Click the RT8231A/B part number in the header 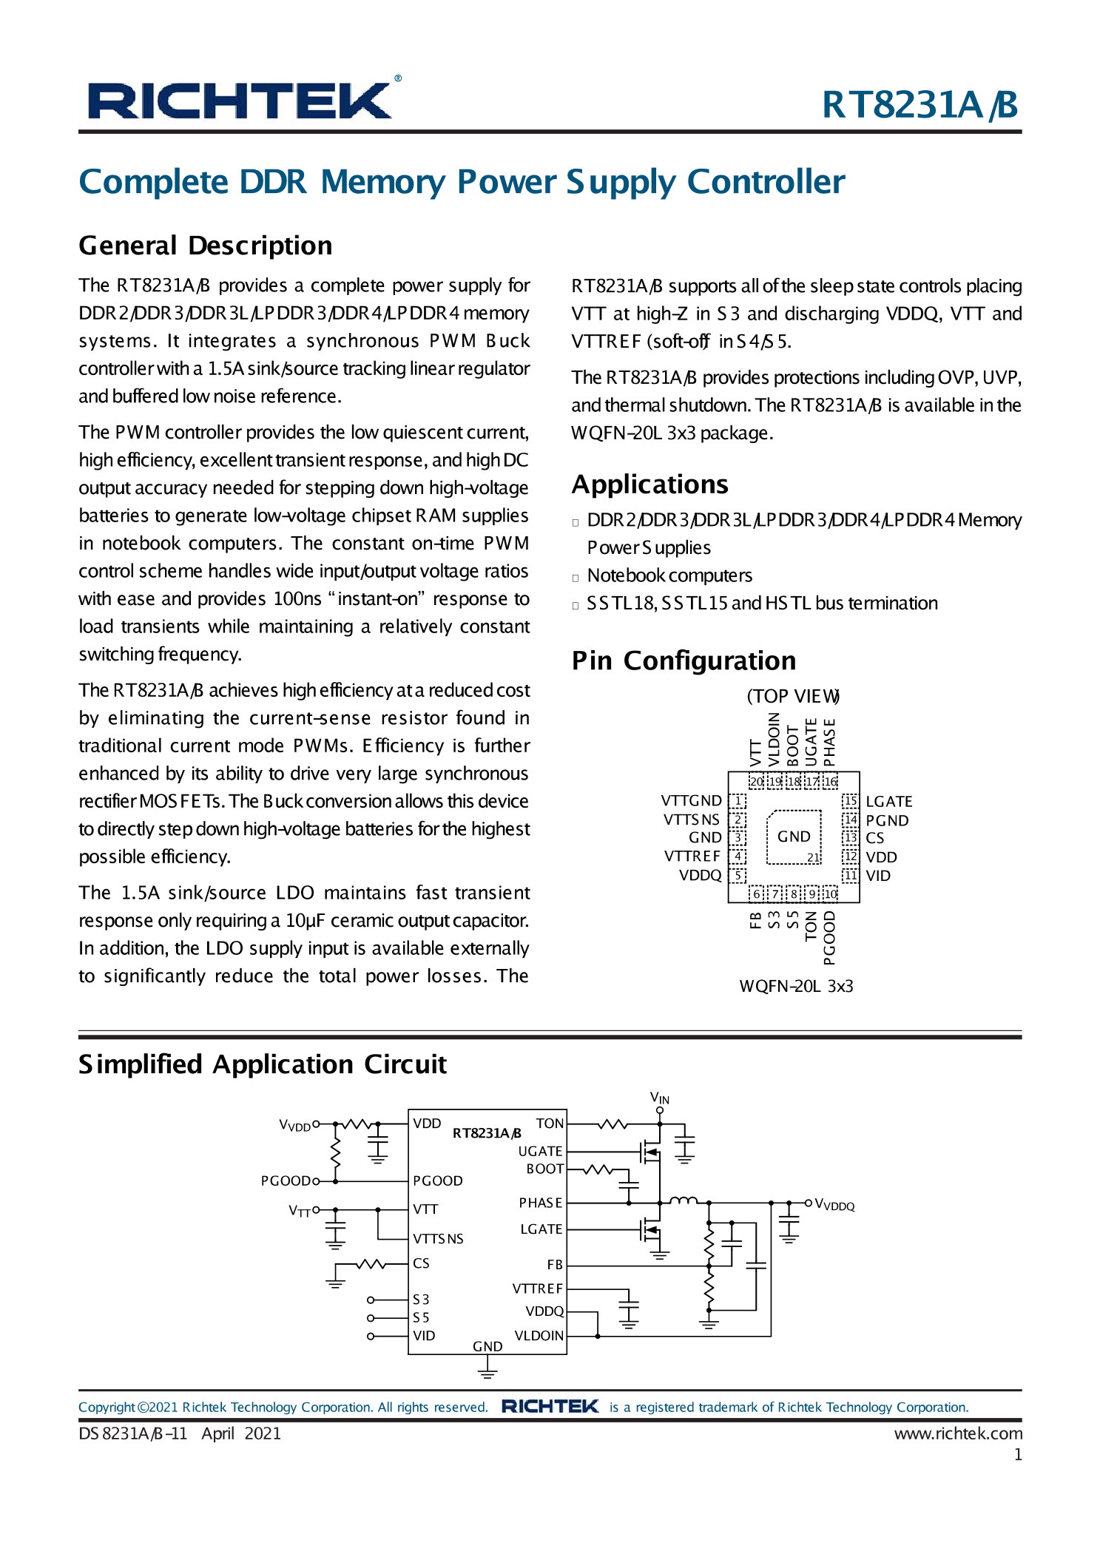coord(920,104)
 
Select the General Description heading coord(206,246)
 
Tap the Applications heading coord(649,484)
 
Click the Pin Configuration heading coord(684,661)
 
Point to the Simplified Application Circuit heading coord(263,1064)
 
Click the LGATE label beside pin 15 coord(888,801)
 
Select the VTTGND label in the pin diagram coord(691,800)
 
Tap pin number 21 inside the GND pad coord(813,857)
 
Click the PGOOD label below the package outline coord(829,937)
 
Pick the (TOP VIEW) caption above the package coord(792,696)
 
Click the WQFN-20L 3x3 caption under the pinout coord(796,986)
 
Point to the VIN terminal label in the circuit coord(659,1097)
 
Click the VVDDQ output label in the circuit coord(834,1204)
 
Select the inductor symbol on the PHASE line coord(682,1200)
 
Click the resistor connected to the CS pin coord(371,1263)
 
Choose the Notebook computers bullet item coord(669,575)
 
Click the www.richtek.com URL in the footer coord(957,1433)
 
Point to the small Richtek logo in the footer coord(550,1406)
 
